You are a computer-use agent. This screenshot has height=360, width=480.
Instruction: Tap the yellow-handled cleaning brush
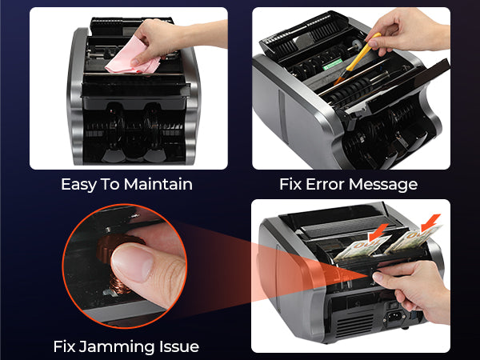point(358,58)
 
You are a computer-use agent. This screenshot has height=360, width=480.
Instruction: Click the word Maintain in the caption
point(158,184)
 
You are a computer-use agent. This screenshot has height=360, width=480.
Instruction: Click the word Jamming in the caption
point(117,346)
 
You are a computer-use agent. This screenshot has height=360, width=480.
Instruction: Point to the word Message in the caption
point(383,185)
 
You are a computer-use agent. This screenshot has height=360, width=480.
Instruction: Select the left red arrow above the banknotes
point(378,232)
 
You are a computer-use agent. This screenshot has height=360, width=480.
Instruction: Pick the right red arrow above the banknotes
point(430,222)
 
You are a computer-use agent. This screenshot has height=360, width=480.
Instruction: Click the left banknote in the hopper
point(362,247)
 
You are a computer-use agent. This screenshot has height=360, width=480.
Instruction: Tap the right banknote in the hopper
point(414,238)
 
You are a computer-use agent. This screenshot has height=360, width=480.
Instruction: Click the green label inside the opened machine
point(333,64)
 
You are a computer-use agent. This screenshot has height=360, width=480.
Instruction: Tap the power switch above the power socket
point(393,305)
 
